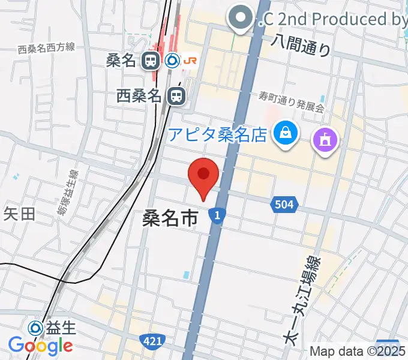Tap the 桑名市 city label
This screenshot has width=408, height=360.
[x=170, y=218]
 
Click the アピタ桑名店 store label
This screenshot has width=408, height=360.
[x=217, y=134]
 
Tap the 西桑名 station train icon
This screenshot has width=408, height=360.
[x=176, y=95]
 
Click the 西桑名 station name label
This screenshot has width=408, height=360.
[x=139, y=95]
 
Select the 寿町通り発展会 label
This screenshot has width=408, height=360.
[x=292, y=101]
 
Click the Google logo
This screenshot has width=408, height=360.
[x=40, y=346]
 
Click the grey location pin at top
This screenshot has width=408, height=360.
[x=241, y=18]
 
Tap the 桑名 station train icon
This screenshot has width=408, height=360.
[x=150, y=60]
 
